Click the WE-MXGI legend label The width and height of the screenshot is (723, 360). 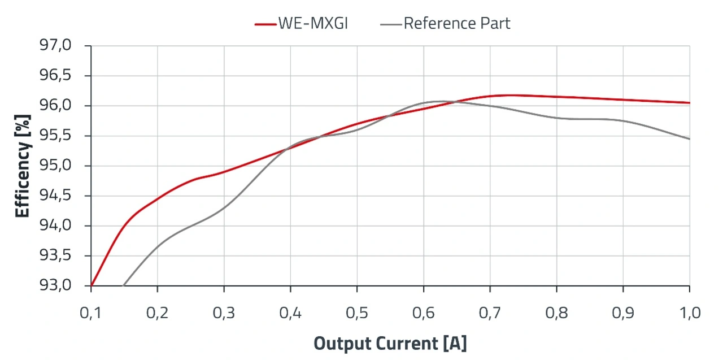[312, 23]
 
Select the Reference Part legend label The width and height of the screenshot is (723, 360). [456, 23]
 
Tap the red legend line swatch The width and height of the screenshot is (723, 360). [265, 24]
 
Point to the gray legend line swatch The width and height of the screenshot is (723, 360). [391, 24]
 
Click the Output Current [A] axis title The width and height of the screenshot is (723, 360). [390, 343]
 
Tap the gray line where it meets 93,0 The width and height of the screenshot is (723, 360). [123, 285]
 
